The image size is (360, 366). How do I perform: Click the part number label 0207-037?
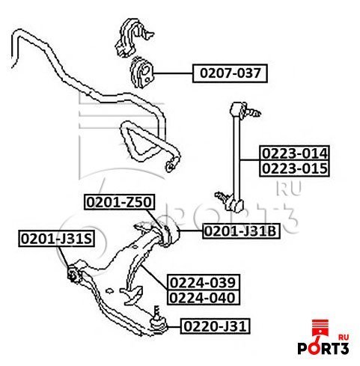230,73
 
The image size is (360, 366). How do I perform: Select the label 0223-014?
294,153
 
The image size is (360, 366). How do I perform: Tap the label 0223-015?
294,168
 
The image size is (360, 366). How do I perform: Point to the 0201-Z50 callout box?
119,202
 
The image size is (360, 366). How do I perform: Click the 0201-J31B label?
241,231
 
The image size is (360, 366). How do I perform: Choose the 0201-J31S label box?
57,239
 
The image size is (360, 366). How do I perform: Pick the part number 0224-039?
204,282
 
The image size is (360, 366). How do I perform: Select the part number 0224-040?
204,297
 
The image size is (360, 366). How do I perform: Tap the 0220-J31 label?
215,326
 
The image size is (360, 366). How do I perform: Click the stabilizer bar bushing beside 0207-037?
141,72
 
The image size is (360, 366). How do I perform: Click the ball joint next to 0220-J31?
158,323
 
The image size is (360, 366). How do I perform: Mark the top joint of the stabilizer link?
243,110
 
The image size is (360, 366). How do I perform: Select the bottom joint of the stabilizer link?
231,201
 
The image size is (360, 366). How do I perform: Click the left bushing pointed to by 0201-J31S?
74,273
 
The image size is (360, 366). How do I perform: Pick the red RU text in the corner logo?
344,338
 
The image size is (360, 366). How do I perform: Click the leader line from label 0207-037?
173,73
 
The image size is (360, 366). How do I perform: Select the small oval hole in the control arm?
109,290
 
